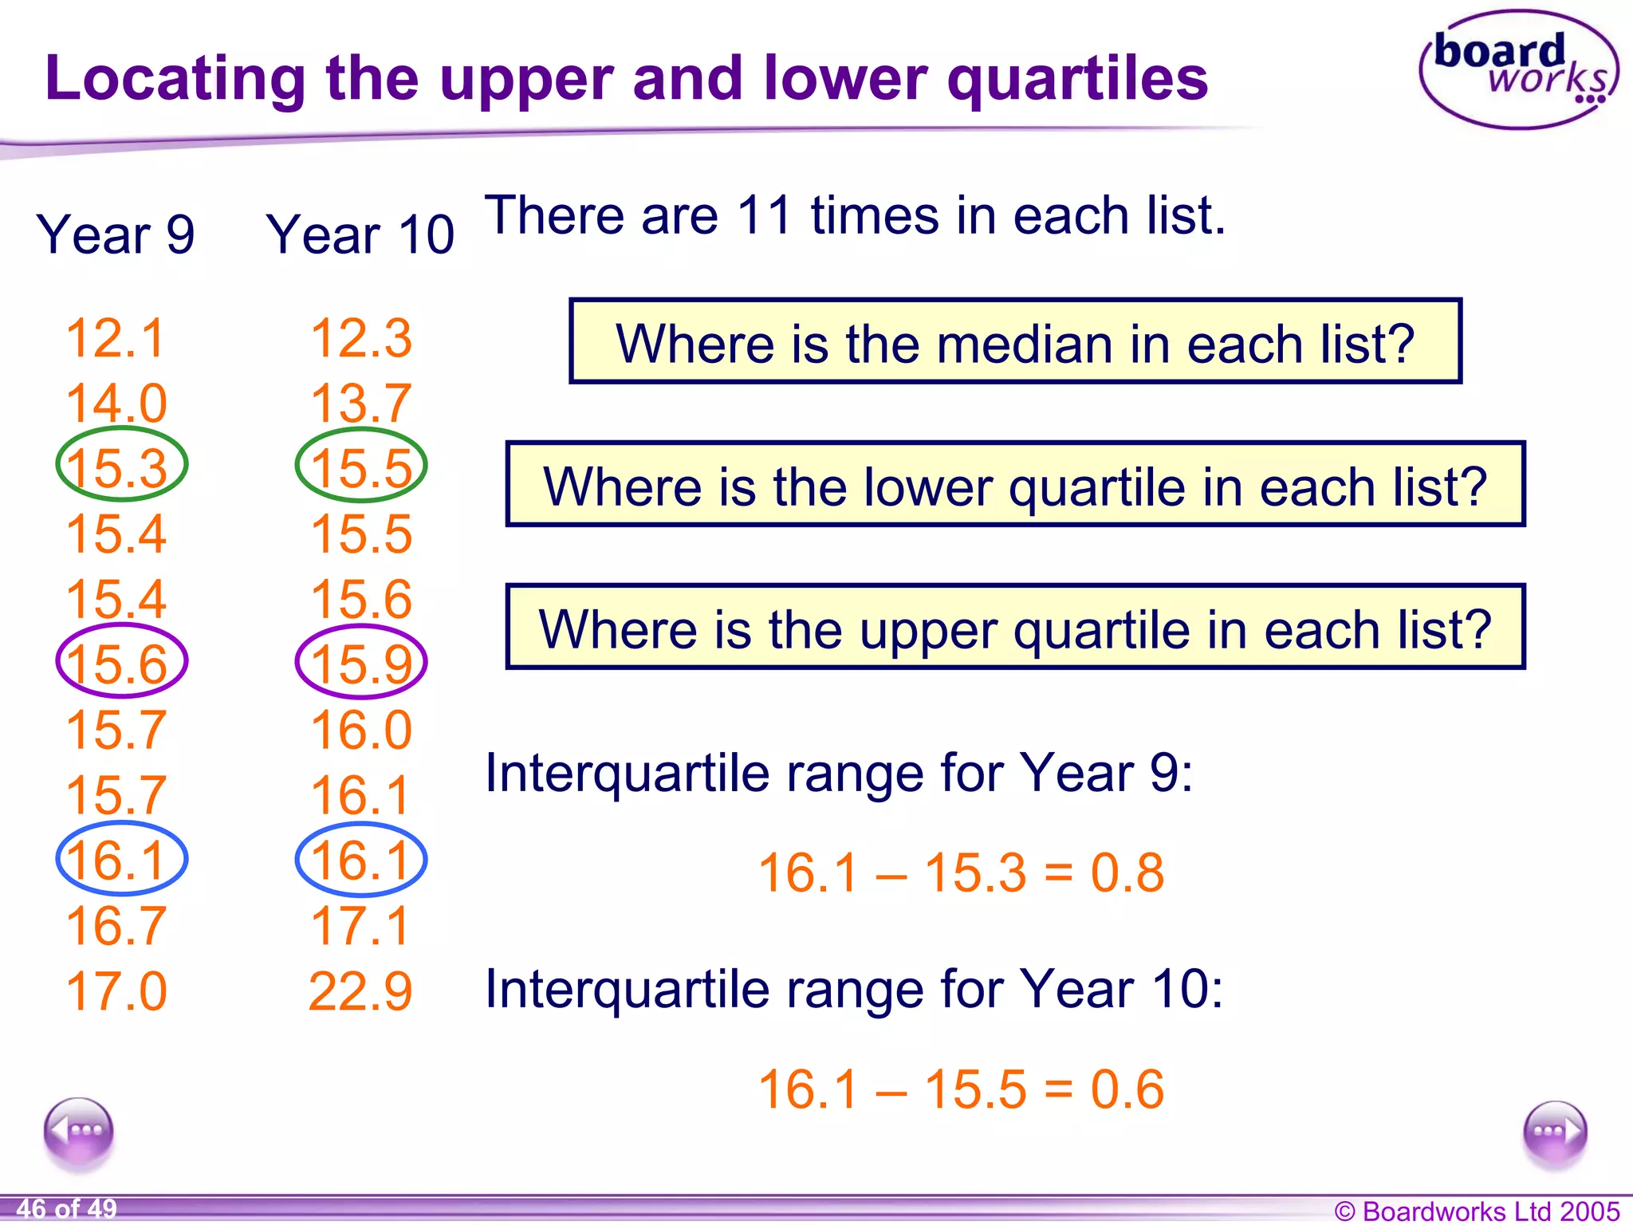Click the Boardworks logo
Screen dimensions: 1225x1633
point(1519,70)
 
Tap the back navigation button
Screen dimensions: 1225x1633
point(79,1131)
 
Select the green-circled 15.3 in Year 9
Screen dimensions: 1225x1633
point(120,466)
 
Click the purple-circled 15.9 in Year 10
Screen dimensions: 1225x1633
point(361,663)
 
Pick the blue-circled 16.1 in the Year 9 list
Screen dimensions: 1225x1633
point(120,860)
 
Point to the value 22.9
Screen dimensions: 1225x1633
point(360,991)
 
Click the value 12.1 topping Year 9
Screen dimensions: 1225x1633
point(116,338)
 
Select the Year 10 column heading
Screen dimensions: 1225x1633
point(360,235)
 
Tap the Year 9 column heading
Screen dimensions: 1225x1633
point(116,235)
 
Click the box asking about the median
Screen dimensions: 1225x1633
point(1014,342)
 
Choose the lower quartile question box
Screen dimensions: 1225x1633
point(1014,485)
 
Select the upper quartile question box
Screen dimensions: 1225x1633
point(1014,628)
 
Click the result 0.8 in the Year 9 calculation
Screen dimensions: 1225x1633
point(1127,872)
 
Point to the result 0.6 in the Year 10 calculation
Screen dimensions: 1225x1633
point(1127,1089)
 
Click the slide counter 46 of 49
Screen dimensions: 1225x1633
point(66,1208)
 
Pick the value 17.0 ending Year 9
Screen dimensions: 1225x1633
point(116,991)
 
